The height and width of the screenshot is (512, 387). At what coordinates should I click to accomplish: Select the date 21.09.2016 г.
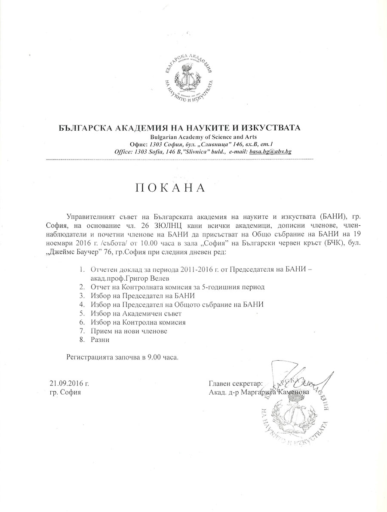point(69,384)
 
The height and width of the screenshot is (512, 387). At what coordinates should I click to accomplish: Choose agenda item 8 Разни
point(100,340)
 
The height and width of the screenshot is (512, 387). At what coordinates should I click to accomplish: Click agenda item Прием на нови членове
point(129,331)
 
